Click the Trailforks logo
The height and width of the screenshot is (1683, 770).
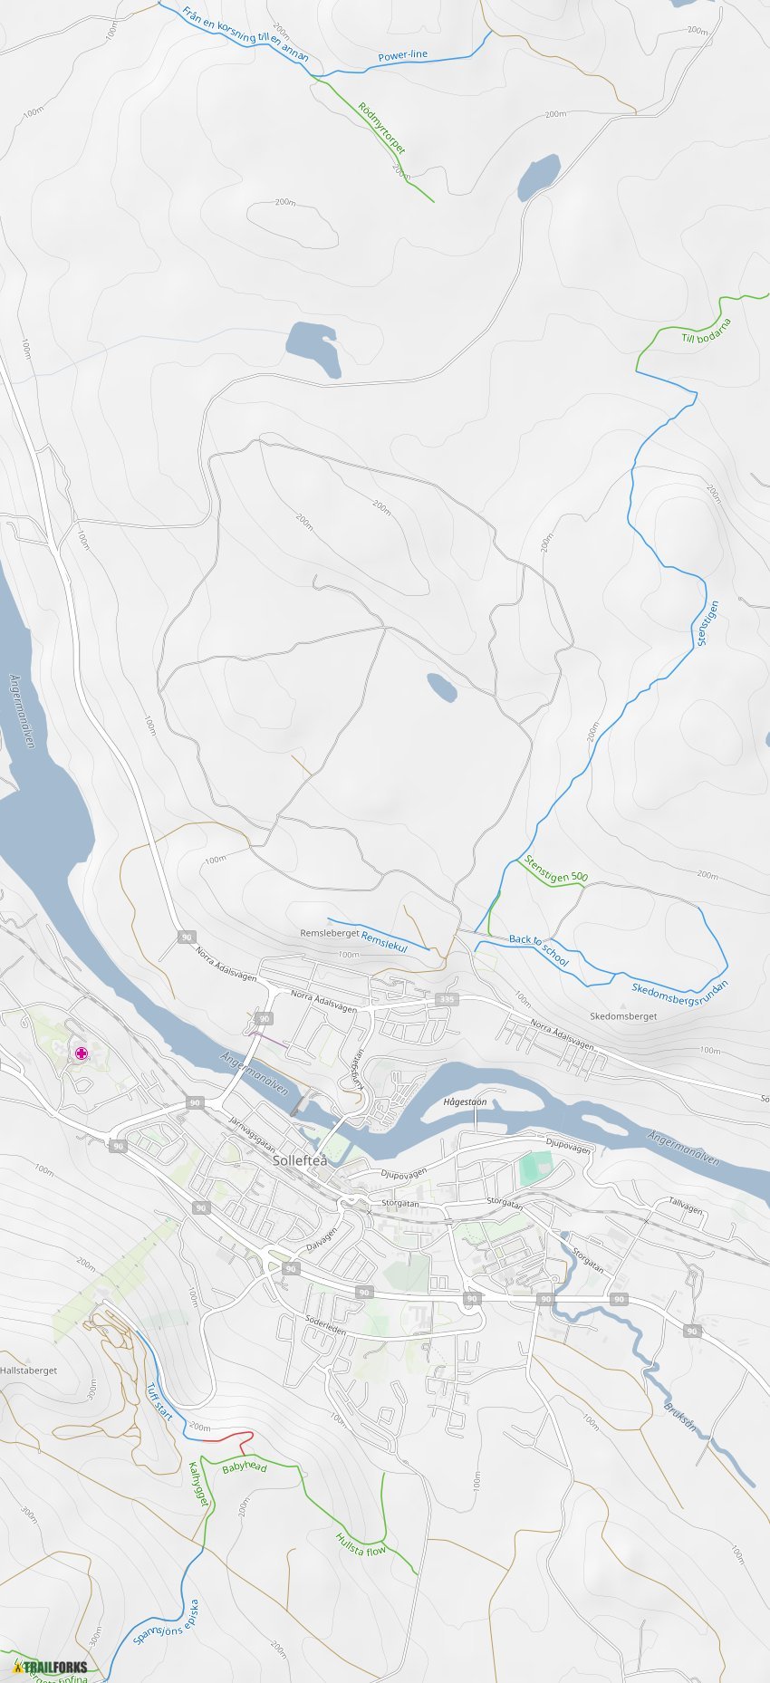(x=53, y=1667)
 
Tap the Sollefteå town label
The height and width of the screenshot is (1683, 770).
(x=300, y=1159)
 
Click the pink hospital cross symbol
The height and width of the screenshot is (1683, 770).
(x=82, y=1053)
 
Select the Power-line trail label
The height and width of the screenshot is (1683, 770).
(x=402, y=55)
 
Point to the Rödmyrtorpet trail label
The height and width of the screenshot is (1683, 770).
(x=381, y=128)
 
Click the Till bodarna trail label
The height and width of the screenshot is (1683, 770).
(x=706, y=331)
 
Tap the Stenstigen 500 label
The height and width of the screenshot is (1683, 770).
(x=556, y=870)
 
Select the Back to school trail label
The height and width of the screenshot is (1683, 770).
(x=539, y=950)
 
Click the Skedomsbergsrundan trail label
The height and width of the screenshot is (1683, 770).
(x=679, y=992)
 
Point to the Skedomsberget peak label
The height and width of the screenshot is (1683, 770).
(x=623, y=1016)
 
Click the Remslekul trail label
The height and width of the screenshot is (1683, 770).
(x=384, y=940)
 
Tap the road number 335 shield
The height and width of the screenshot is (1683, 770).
(x=446, y=999)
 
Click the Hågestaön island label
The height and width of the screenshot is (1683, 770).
(x=465, y=1101)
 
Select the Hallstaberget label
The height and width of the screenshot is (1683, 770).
(x=29, y=1370)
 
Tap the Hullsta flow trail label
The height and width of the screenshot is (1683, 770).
(x=361, y=1544)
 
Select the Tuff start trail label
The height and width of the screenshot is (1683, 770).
(x=159, y=1401)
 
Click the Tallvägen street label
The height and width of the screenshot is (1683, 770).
(x=685, y=1207)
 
